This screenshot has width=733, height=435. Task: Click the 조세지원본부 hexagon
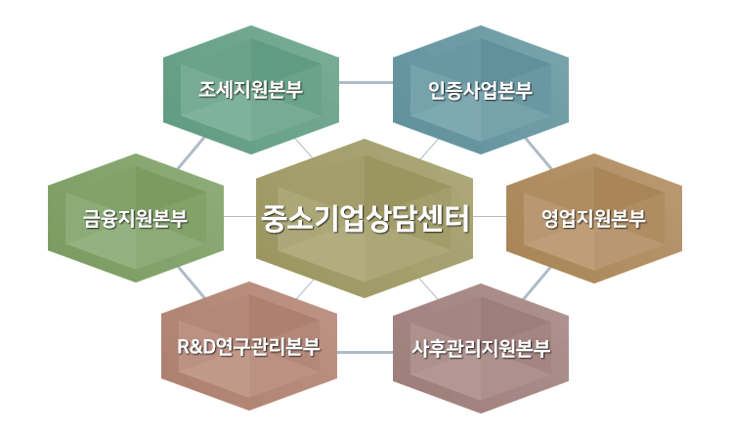pos(251,90)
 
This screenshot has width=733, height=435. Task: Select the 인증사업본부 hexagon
pos(481,90)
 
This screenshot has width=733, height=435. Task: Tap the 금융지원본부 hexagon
pos(136,218)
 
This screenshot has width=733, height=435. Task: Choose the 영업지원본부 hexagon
pos(594,218)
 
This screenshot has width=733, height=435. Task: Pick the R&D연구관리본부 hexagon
pos(249,346)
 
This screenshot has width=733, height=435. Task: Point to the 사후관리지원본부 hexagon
pos(481,348)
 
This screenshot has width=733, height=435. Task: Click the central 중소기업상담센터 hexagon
pos(365,218)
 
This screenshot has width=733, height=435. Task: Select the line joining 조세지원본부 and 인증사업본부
pos(366,83)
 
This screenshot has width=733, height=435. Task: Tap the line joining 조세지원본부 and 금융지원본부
pos(191,152)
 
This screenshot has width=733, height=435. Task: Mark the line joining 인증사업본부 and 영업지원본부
pos(539,152)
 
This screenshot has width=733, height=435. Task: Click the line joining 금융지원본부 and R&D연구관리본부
pos(192,283)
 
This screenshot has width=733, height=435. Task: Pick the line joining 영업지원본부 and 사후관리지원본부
pos(537,283)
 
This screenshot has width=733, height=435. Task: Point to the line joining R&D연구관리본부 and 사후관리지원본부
pos(366,352)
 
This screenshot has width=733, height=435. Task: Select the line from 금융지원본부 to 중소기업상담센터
pos(239,217)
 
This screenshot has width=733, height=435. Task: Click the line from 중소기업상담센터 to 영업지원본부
pos(490,217)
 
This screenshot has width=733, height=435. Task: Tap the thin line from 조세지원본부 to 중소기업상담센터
pos(304,149)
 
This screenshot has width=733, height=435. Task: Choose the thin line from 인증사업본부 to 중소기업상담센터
pos(429,150)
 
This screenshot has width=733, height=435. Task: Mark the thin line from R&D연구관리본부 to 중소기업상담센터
pos(305,289)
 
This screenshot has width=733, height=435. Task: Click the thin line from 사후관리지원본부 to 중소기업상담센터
pos(428,288)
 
